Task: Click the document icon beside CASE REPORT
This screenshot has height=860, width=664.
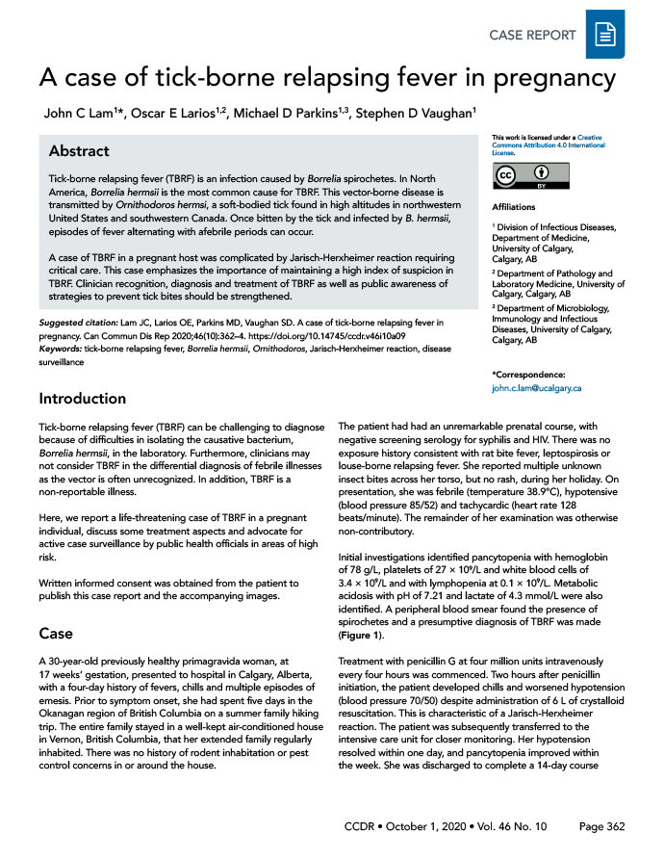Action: click(x=605, y=36)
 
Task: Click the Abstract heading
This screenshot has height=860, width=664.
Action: click(x=79, y=151)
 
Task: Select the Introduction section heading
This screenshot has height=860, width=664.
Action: click(x=82, y=398)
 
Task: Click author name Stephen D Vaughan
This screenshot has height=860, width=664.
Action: click(x=415, y=114)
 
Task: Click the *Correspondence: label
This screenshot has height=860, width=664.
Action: click(x=528, y=374)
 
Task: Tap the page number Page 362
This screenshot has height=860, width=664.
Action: click(x=602, y=827)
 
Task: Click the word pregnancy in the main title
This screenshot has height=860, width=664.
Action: click(x=550, y=77)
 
